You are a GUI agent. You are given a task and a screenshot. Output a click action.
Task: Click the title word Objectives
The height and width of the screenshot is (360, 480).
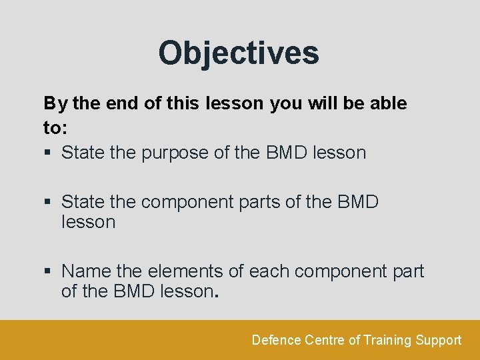pos(239,53)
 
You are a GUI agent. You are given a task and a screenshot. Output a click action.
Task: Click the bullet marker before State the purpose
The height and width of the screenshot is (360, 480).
pos(47,153)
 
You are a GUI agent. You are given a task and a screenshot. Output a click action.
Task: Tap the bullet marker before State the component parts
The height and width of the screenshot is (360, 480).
pos(47,202)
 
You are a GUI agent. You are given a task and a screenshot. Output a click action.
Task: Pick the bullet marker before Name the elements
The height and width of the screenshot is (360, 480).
pos(47,272)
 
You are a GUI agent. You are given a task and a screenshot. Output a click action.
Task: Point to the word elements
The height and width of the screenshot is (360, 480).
pos(178,272)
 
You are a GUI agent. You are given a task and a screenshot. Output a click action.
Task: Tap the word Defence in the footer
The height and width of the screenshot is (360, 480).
pos(276,341)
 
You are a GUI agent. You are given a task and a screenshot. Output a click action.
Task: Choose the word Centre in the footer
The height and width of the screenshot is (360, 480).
pos(325,341)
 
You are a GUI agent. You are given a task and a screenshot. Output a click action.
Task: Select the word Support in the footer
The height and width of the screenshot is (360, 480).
pos(438,341)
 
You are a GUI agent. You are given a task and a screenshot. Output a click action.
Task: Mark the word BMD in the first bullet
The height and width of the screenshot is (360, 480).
pos(287,153)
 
